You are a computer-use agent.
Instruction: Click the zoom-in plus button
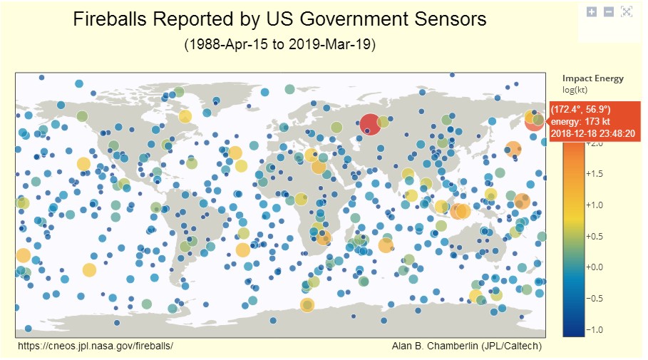coord(591,11)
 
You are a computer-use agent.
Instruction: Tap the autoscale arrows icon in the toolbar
coord(627,11)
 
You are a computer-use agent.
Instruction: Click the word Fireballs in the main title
coord(114,19)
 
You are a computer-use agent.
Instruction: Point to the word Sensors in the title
coord(450,19)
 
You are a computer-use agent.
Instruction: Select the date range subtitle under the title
coord(279,44)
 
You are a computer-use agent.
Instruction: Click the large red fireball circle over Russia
coord(369,124)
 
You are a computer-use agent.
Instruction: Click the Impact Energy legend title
coord(592,78)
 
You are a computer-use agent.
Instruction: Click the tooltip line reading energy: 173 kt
coord(581,121)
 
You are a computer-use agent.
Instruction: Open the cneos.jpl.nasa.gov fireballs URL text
coord(96,346)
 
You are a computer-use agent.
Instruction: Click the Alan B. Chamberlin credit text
coord(466,346)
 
